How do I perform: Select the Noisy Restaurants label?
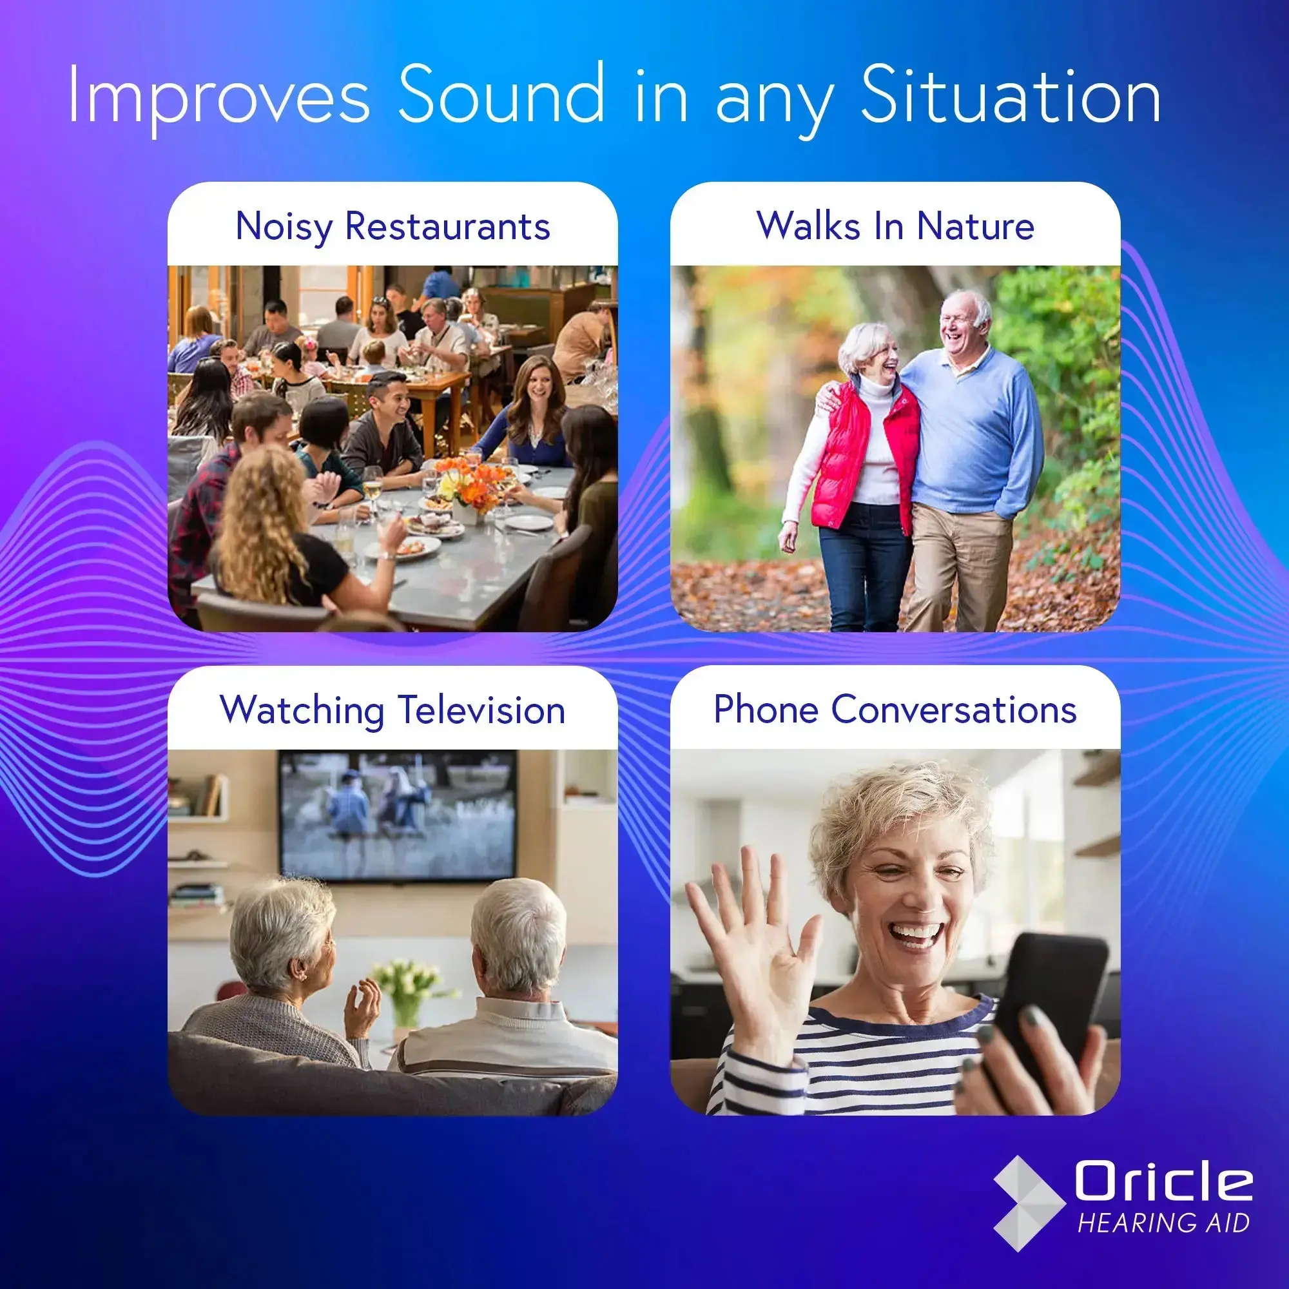393,226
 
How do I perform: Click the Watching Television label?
393,709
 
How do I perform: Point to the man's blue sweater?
974,434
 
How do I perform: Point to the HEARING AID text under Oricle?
1163,1223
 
